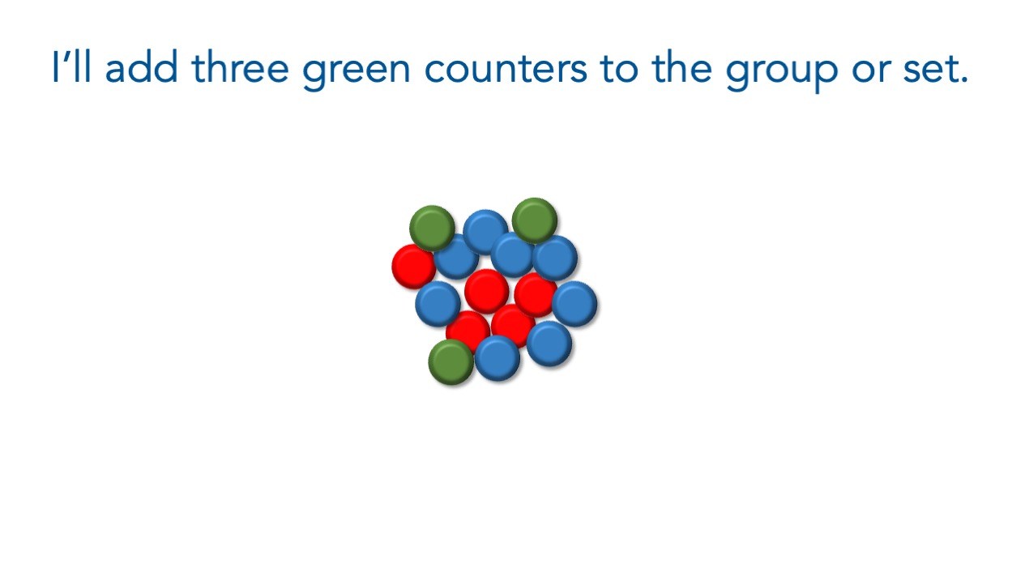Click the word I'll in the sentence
[x=72, y=66]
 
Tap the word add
[x=142, y=66]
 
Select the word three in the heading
[x=240, y=66]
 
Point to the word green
[x=356, y=72]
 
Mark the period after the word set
[x=964, y=80]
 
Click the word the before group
[x=682, y=66]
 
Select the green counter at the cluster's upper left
[x=432, y=228]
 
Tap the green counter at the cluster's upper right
[x=535, y=220]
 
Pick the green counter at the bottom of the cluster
[x=451, y=362]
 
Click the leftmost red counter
[x=412, y=266]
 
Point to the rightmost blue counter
[x=574, y=304]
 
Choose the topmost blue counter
[x=485, y=232]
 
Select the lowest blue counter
[x=498, y=358]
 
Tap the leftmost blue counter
[x=438, y=304]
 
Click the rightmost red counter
[x=535, y=295]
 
